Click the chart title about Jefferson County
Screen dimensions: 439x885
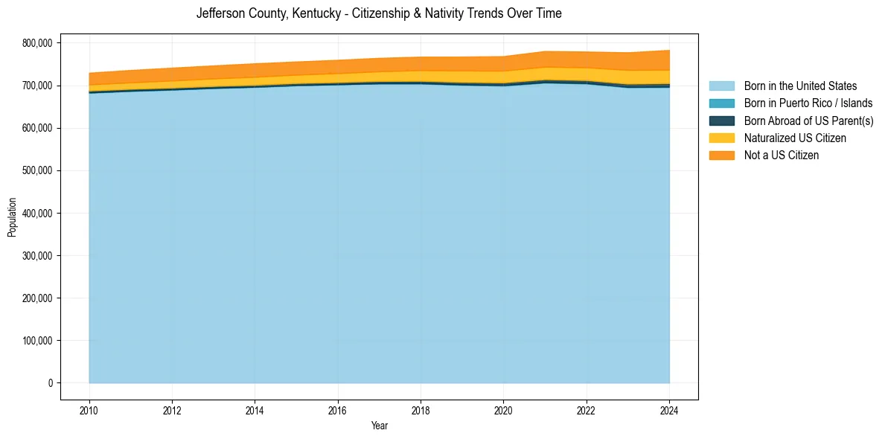click(x=379, y=13)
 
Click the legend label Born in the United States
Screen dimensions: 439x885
click(x=800, y=86)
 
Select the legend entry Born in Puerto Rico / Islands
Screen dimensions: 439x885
click(x=808, y=103)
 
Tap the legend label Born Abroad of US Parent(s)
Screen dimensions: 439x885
click(x=808, y=121)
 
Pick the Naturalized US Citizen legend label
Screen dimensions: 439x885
click(x=795, y=138)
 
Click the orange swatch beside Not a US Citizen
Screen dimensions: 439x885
click(x=721, y=155)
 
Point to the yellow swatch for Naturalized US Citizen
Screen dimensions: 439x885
click(x=721, y=138)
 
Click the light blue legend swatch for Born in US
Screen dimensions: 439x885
click(x=721, y=86)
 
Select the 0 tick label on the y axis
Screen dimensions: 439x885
click(x=51, y=383)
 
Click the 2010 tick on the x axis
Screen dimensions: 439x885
click(x=89, y=409)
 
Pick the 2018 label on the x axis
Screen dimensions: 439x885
click(x=421, y=409)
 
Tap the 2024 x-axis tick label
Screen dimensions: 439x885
click(x=669, y=409)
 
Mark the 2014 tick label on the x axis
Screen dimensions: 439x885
click(x=255, y=409)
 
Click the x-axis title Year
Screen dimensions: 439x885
click(x=379, y=426)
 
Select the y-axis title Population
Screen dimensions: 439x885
click(x=12, y=217)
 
